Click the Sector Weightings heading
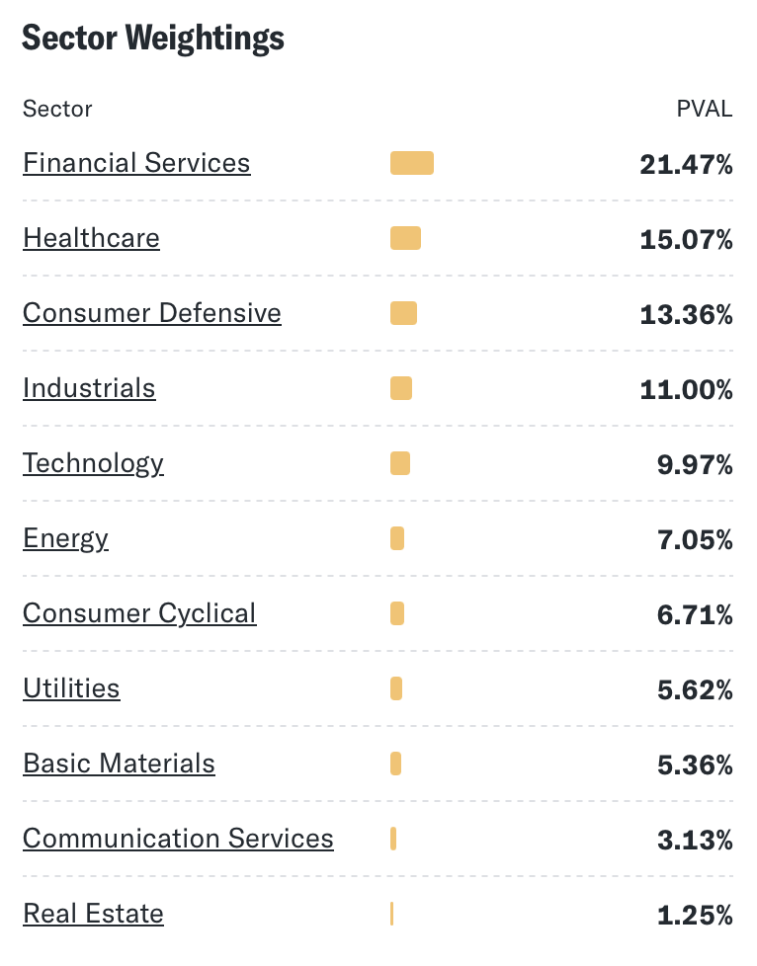(x=152, y=38)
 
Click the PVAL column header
(x=704, y=109)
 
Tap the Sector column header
(x=57, y=109)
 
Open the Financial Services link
(x=136, y=163)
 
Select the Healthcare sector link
(x=91, y=238)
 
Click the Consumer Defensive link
(x=152, y=313)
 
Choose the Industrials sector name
(x=89, y=388)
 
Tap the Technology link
(x=93, y=463)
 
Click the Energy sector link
(x=65, y=538)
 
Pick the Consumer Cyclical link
(x=139, y=613)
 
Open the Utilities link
(x=71, y=688)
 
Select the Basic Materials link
(x=119, y=764)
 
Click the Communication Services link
(x=178, y=839)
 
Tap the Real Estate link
(x=93, y=914)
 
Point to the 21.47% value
(x=686, y=164)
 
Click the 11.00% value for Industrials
(x=686, y=389)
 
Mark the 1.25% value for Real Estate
(x=695, y=915)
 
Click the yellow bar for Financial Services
(x=412, y=164)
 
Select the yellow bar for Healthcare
(x=405, y=238)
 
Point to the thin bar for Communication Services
(x=393, y=839)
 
